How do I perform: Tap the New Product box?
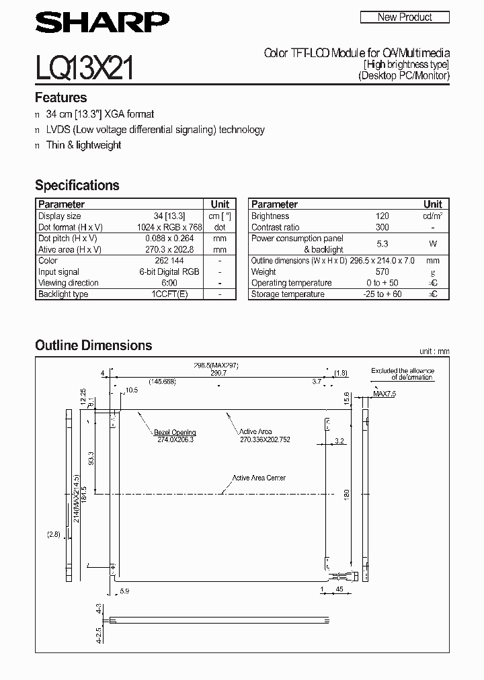tap(405, 17)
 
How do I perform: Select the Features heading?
tap(61, 97)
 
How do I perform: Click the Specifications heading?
tap(77, 185)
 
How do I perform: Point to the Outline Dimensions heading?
tap(93, 345)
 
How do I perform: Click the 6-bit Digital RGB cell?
tap(169, 272)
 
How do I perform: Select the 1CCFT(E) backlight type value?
tap(169, 294)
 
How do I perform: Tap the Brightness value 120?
tap(382, 216)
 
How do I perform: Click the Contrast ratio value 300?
tap(382, 228)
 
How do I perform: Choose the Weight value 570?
tap(382, 272)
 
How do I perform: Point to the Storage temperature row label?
tap(288, 294)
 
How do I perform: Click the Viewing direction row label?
tap(69, 283)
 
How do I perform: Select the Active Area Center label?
tap(259, 478)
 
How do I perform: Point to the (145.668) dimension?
tap(163, 381)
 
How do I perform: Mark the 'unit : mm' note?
tap(434, 351)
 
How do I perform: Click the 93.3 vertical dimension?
tap(91, 458)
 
